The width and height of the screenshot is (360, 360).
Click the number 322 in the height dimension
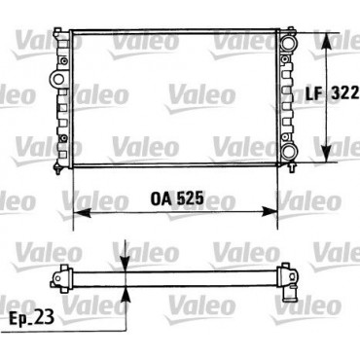pos(345,93)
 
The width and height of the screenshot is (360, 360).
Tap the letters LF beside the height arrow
pos(314,93)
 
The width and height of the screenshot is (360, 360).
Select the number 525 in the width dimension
pos(191,198)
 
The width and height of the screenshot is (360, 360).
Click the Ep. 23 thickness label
pos(31,318)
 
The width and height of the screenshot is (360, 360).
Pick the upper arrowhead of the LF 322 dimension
pos(327,41)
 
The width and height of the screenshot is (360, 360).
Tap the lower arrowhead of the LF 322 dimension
pos(327,154)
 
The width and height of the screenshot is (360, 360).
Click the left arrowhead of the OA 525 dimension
pos(82,212)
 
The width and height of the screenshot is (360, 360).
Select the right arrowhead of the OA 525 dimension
pos(270,212)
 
